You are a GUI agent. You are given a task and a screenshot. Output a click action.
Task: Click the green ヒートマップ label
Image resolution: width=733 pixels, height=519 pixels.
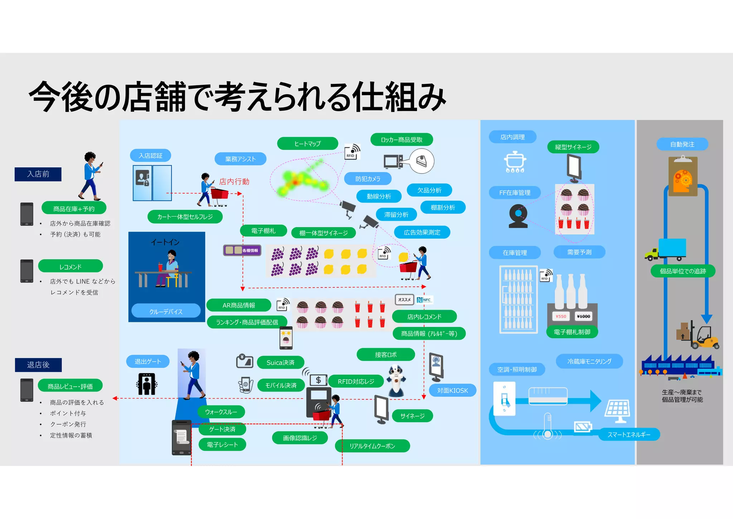coord(307,143)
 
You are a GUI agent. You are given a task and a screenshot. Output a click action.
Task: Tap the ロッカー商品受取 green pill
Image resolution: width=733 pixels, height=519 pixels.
coord(402,139)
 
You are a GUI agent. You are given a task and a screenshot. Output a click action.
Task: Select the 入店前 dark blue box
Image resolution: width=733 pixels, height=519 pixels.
coord(38,174)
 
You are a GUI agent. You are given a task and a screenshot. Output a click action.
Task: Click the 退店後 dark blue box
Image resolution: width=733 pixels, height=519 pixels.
coord(38,365)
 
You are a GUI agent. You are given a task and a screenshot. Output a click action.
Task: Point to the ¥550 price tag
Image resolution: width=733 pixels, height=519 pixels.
coord(561,316)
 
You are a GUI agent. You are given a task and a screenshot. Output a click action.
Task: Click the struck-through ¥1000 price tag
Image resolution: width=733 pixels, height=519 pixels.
coord(583,316)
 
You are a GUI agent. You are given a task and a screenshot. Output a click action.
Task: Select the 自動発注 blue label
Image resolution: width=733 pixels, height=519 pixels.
coord(682,144)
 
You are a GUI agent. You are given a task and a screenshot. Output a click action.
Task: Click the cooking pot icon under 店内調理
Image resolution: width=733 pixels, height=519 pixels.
coord(515,162)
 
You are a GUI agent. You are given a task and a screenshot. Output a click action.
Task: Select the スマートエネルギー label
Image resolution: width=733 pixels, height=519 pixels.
coord(629,434)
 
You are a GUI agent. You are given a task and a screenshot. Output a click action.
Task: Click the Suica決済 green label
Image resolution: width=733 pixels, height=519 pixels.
coord(280,362)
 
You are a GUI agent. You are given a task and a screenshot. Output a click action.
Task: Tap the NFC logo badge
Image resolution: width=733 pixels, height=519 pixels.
coord(424,300)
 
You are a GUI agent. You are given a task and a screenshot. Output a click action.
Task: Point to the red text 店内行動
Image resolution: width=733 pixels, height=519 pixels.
coord(234,182)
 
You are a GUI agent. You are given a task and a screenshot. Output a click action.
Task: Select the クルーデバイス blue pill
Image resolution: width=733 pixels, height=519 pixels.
coord(166,311)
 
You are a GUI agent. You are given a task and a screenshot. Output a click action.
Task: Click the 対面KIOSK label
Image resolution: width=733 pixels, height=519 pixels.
coord(452,390)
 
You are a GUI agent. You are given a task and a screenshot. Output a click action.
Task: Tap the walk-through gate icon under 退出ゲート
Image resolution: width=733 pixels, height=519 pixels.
coord(147,384)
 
